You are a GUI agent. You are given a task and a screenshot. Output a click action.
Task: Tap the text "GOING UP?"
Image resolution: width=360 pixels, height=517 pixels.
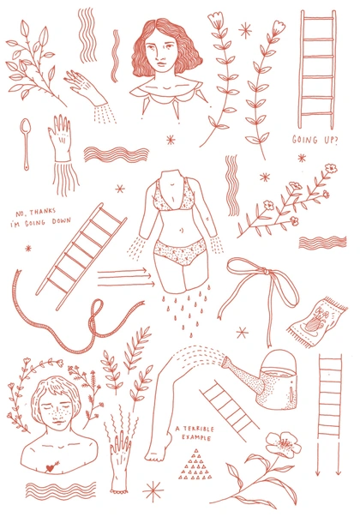[315, 140]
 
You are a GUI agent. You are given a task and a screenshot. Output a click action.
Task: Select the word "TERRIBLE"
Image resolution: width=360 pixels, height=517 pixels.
[198, 429]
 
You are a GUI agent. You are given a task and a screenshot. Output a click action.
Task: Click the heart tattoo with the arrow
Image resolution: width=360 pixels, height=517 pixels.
[51, 466]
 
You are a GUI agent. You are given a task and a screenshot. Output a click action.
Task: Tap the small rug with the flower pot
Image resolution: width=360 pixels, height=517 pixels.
[317, 322]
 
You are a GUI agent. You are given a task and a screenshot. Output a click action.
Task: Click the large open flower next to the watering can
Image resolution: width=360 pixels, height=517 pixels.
[284, 444]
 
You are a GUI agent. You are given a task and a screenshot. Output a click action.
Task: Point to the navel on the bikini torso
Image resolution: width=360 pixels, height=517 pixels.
[181, 230]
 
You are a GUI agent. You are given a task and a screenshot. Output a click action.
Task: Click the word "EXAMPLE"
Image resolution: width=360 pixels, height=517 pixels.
[196, 438]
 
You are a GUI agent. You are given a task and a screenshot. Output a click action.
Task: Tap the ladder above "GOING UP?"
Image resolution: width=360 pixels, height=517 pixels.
[316, 69]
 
